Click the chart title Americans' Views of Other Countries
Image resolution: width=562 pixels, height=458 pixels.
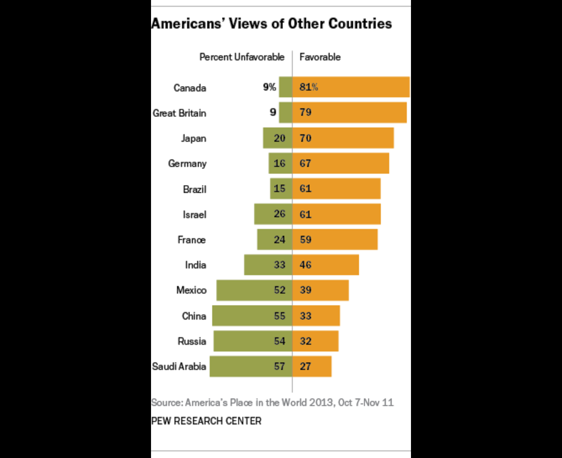click(x=271, y=24)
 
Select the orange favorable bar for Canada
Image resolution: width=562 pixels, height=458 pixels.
click(x=351, y=87)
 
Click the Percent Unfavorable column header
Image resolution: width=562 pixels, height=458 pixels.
click(x=242, y=57)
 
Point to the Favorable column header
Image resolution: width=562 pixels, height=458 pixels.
click(x=320, y=57)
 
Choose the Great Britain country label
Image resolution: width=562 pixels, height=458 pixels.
click(x=179, y=113)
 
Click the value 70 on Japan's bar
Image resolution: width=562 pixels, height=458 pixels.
click(x=305, y=138)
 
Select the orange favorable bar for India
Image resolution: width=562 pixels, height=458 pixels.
click(x=325, y=265)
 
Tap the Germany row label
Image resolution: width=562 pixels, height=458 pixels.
click(x=187, y=164)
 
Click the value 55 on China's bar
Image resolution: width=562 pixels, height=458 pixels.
click(x=279, y=316)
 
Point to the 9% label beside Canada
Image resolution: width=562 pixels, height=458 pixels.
click(x=270, y=87)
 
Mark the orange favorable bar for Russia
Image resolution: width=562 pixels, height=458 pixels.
click(x=315, y=341)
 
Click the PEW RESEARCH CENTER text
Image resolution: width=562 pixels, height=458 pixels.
click(x=206, y=421)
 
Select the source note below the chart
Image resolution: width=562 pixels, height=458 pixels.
click(x=272, y=403)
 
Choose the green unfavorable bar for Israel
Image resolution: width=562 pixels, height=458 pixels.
click(x=273, y=214)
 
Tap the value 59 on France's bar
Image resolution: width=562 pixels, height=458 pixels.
click(x=305, y=240)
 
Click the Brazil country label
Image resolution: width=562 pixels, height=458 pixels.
click(x=195, y=189)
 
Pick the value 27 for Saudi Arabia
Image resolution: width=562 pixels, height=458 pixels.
click(x=305, y=366)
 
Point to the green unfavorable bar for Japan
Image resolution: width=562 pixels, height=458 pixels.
click(x=277, y=138)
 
